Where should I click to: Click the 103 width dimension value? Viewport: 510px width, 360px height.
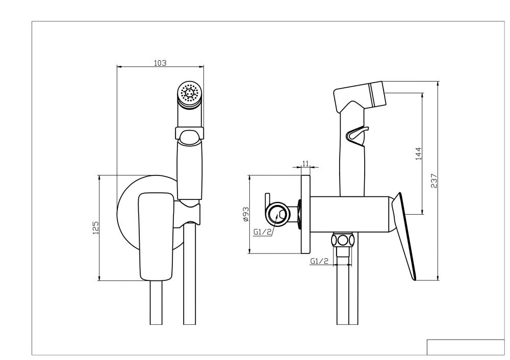point(160,63)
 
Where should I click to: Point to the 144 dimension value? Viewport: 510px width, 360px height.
point(418,153)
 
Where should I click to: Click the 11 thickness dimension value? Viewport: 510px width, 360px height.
point(306,163)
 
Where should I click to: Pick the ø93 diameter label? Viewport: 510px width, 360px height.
point(245,214)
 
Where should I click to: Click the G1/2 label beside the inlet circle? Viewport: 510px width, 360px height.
point(262,233)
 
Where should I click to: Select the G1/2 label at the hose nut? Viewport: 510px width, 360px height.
point(319,262)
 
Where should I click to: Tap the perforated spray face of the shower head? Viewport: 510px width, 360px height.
point(190,93)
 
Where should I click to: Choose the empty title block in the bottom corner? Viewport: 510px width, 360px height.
point(465,347)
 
